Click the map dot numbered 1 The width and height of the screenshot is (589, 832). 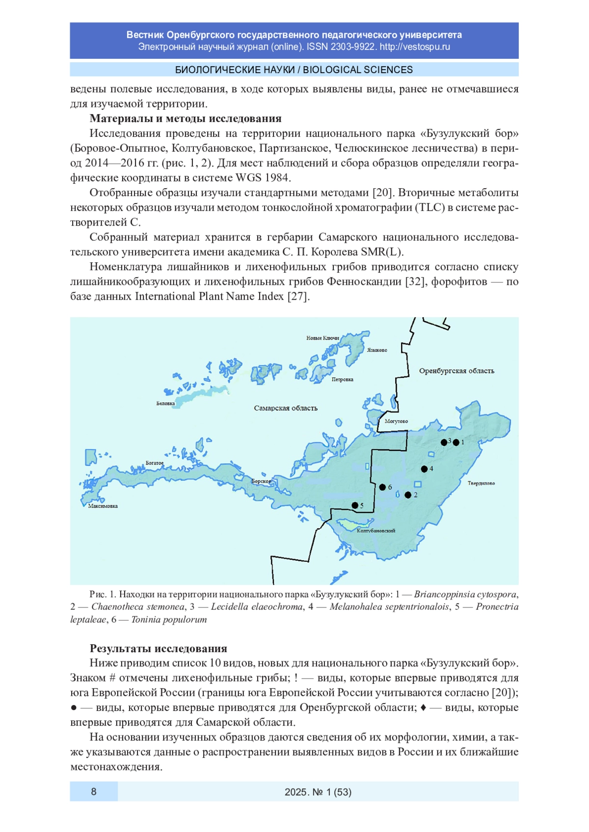456,442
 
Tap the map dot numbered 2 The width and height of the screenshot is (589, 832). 408,495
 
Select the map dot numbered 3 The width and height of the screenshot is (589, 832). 444,442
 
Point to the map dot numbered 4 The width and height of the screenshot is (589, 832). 424,469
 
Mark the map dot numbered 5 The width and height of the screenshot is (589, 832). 355,505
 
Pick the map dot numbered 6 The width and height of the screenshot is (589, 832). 382,487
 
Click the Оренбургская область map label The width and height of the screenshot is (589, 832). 456,371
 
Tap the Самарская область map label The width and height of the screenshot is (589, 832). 286,408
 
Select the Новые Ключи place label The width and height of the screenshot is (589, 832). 322,338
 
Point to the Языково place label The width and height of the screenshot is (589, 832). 377,350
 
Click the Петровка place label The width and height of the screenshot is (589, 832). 342,379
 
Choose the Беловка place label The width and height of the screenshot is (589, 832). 165,403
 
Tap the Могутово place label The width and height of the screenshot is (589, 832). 396,421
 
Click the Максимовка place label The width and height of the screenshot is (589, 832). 103,506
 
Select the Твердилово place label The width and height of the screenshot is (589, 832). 481,483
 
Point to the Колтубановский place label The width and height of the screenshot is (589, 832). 376,530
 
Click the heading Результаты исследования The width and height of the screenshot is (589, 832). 158,649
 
